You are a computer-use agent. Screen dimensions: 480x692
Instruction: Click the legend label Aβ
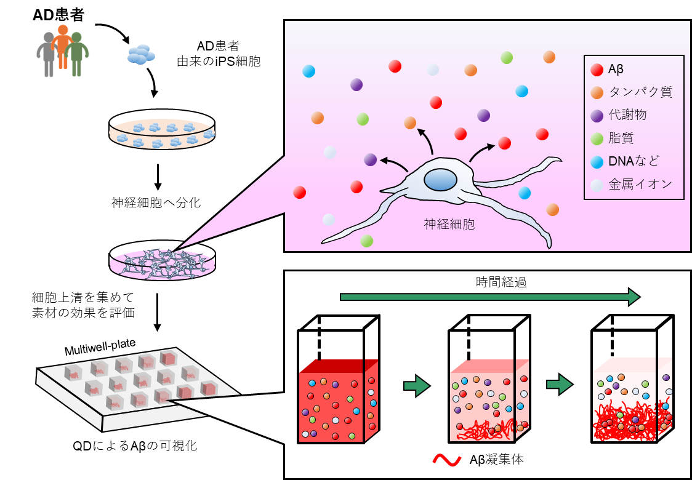tap(616, 70)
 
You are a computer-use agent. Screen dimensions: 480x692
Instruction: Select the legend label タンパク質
tap(640, 92)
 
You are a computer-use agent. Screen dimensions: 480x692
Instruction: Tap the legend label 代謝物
tap(627, 115)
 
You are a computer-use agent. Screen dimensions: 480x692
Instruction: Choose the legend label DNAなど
tap(634, 161)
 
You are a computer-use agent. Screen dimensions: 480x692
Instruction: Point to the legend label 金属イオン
tap(640, 184)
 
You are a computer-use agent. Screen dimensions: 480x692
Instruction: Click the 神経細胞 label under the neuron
tap(449, 225)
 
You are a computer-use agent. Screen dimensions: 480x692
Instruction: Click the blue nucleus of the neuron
tap(440, 180)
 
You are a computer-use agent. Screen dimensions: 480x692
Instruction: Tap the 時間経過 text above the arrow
tap(501, 282)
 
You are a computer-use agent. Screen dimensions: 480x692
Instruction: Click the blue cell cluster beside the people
tap(141, 54)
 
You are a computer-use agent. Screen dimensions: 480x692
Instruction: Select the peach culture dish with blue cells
tap(162, 134)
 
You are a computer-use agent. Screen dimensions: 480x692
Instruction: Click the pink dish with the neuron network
tap(162, 264)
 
